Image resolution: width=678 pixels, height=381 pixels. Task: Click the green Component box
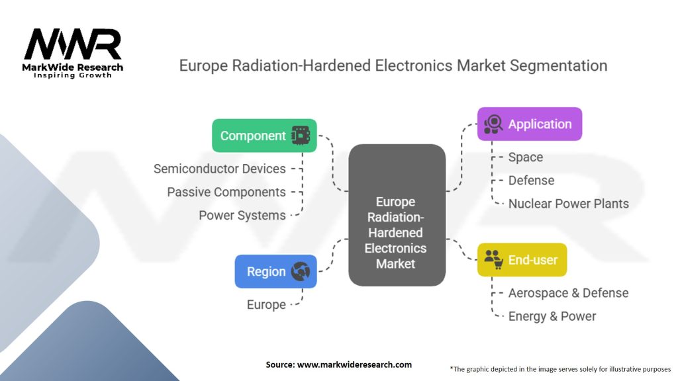pos(264,136)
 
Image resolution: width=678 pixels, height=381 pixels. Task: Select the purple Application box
pos(530,124)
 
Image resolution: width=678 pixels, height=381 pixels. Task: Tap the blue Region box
pos(275,271)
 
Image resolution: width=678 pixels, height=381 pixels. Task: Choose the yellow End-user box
pos(522,260)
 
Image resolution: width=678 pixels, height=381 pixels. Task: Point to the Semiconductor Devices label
pos(219,169)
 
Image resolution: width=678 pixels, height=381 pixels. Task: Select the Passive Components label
pos(226,192)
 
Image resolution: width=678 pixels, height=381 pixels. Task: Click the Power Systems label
pos(242,215)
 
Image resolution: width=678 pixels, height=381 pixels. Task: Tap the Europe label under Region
pos(266,304)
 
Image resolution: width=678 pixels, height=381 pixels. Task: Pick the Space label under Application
pos(525,157)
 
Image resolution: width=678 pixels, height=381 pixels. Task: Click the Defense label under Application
pos(531,181)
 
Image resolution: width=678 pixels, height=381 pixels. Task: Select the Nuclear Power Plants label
pos(568,204)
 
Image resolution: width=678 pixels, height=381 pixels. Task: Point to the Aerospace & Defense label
pos(568,293)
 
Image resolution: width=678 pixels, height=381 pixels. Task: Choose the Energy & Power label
pos(552,316)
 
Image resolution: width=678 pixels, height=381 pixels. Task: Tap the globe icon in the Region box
pos(300,271)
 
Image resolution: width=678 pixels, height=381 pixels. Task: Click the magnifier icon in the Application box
pos(493,124)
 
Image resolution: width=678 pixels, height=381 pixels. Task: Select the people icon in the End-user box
pos(493,260)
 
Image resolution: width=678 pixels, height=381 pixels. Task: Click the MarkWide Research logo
pos(73,53)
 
